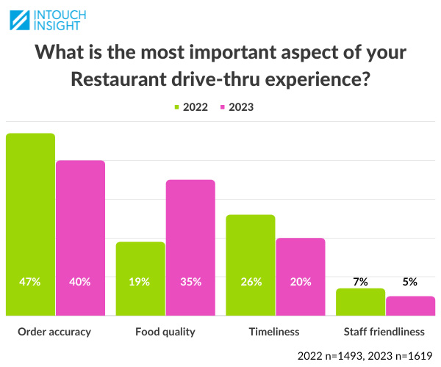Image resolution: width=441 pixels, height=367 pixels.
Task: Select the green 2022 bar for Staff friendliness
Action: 360,302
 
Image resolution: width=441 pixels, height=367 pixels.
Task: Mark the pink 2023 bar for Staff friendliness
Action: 410,305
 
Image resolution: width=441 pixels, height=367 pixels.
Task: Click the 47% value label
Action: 30,281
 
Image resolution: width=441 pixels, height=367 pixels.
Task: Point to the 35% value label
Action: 190,281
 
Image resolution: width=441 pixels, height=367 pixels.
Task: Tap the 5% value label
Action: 410,281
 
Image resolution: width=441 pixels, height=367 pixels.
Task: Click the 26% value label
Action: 250,281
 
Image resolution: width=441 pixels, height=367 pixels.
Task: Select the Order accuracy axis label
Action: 54,332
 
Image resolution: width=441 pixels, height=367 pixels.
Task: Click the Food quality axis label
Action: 165,332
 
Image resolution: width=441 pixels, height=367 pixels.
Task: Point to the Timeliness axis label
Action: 275,332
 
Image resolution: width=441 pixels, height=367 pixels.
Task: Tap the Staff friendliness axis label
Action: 385,332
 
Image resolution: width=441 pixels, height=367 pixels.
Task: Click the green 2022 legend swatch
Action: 177,106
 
